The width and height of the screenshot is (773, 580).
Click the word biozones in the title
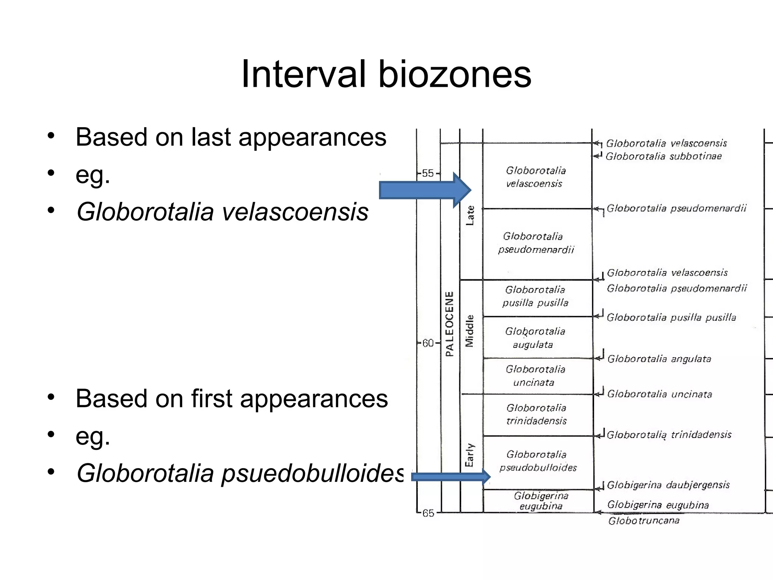click(454, 74)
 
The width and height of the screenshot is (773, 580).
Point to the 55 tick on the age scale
click(428, 173)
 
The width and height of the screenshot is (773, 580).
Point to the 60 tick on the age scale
click(428, 343)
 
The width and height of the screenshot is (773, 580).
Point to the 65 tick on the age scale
click(428, 513)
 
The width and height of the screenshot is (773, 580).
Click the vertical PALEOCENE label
click(450, 324)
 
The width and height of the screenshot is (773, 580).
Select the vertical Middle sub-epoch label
click(470, 330)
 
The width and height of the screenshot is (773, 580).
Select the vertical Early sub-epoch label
click(470, 455)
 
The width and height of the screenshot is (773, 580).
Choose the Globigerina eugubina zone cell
click(541, 501)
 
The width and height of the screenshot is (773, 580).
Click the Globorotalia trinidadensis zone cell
click(536, 414)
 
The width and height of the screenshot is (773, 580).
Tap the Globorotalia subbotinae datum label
click(664, 156)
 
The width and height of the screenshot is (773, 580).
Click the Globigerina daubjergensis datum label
click(668, 485)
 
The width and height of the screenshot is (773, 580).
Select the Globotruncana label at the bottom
click(644, 521)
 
